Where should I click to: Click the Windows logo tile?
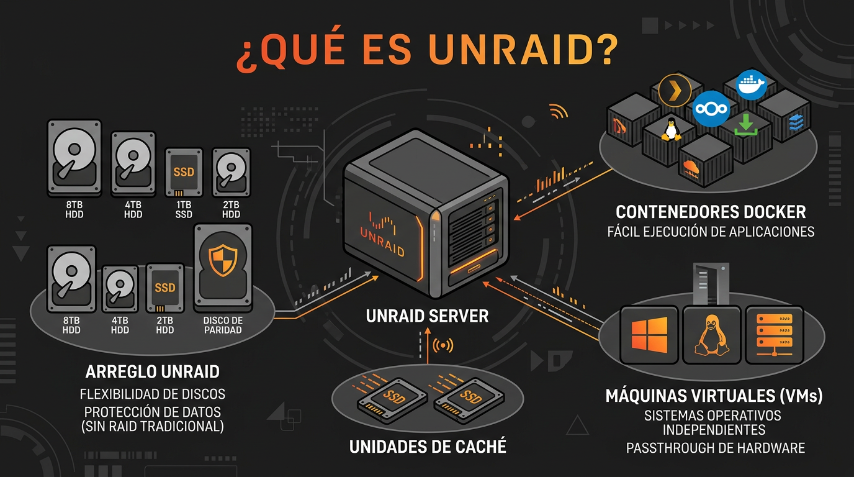pyautogui.click(x=648, y=334)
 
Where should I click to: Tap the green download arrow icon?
pyautogui.click(x=746, y=125)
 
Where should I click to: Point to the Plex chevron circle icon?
pyautogui.click(x=675, y=90)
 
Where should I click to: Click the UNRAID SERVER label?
pyautogui.click(x=427, y=316)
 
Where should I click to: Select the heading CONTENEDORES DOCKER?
pyautogui.click(x=711, y=212)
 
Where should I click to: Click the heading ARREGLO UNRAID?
pyautogui.click(x=152, y=372)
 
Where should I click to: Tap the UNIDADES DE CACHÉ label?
pyautogui.click(x=428, y=446)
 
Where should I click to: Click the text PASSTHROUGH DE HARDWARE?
pyautogui.click(x=715, y=447)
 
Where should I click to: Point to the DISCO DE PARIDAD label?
pyautogui.click(x=223, y=325)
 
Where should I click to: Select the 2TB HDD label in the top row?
pyautogui.click(x=231, y=210)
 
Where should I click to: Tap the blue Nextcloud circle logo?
pyautogui.click(x=710, y=108)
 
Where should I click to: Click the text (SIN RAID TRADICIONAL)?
pyautogui.click(x=153, y=426)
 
